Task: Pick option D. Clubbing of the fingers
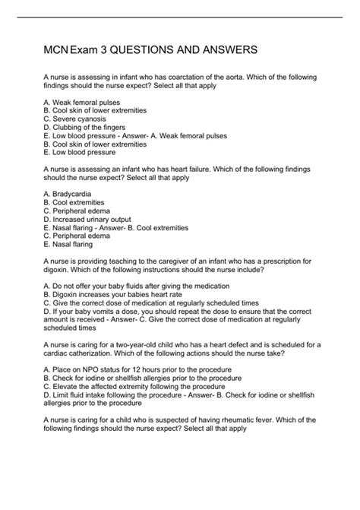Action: pyautogui.click(x=84, y=128)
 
